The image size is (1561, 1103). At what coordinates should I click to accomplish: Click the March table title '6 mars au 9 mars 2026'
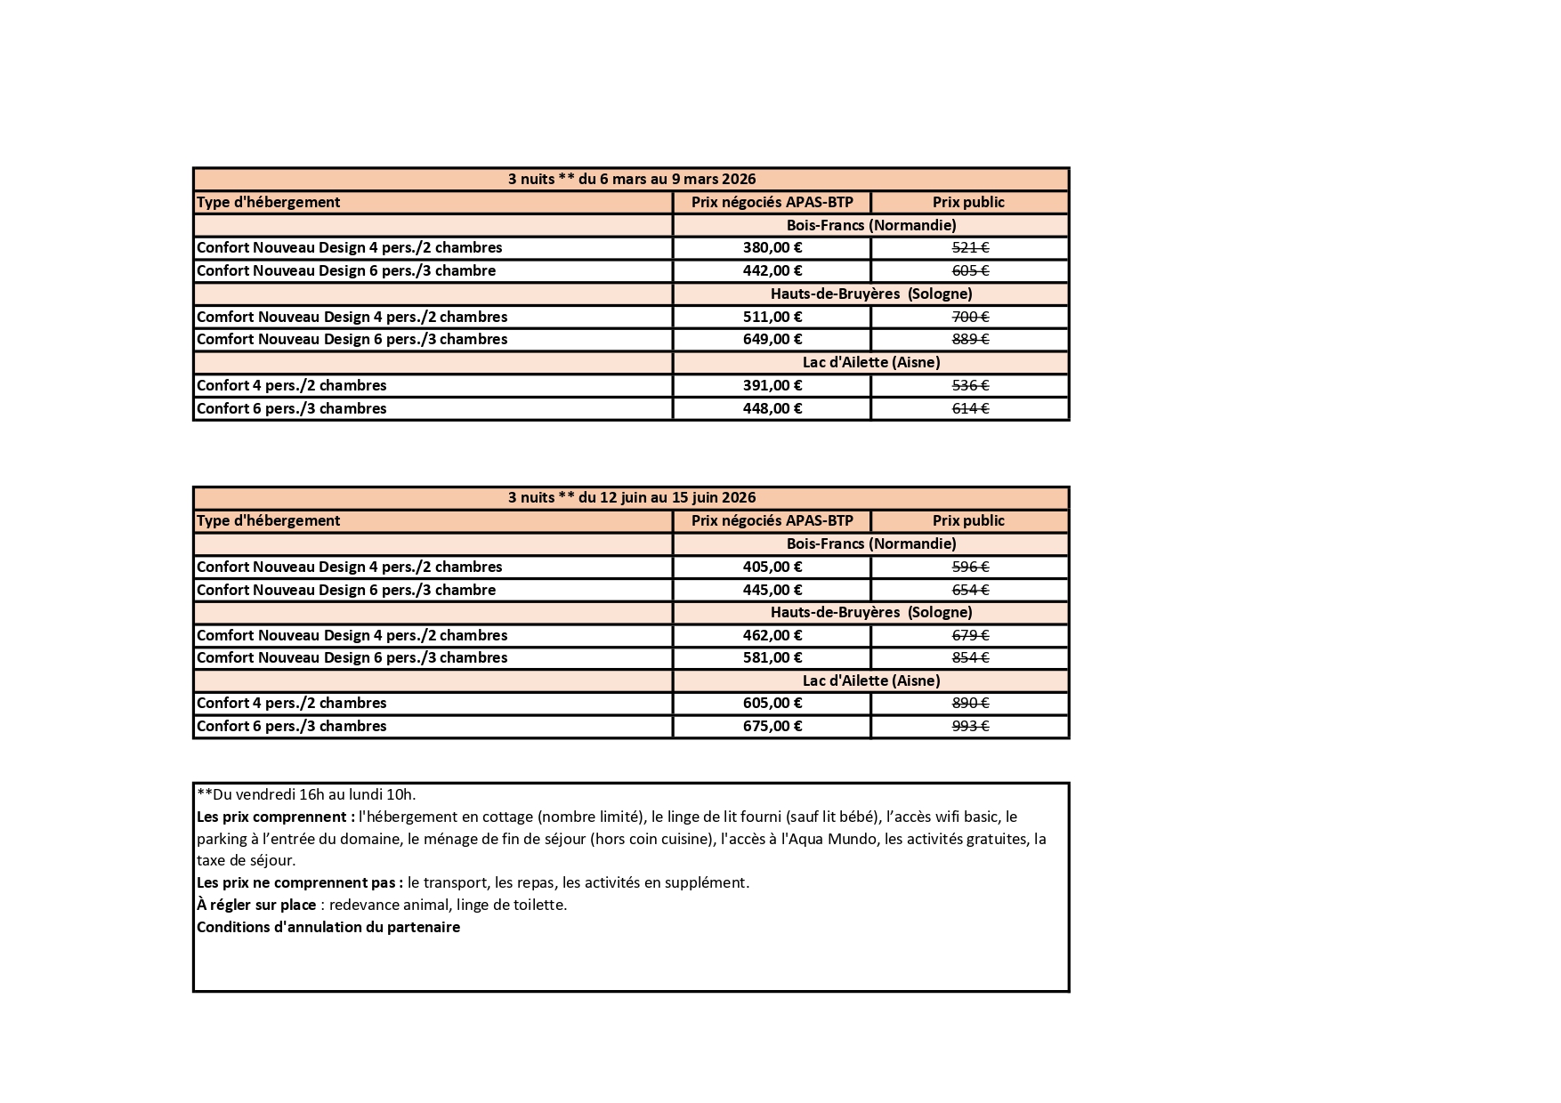pyautogui.click(x=632, y=179)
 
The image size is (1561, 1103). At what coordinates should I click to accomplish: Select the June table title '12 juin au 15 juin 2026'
pyautogui.click(x=632, y=497)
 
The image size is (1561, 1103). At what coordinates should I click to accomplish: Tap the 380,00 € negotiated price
pyautogui.click(x=772, y=247)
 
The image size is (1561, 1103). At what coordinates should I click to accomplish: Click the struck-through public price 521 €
pyautogui.click(x=970, y=247)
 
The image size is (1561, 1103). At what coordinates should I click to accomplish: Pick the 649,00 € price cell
pyautogui.click(x=772, y=339)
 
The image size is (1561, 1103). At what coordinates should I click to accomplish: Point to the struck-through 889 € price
pyautogui.click(x=970, y=339)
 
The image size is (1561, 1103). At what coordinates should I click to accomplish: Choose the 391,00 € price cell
pyautogui.click(x=772, y=385)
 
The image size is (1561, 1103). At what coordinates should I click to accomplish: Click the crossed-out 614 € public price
pyautogui.click(x=970, y=408)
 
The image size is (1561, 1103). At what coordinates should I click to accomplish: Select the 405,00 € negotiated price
pyautogui.click(x=772, y=567)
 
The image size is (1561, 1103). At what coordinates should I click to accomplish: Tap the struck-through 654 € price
pyautogui.click(x=970, y=590)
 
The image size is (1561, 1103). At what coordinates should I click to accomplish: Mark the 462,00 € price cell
pyautogui.click(x=772, y=635)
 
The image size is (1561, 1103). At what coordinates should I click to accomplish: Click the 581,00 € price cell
pyautogui.click(x=772, y=657)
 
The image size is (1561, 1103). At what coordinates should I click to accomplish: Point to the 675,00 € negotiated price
pyautogui.click(x=772, y=726)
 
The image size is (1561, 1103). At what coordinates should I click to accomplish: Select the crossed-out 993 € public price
pyautogui.click(x=970, y=726)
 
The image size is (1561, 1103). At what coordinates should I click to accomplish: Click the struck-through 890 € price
pyautogui.click(x=970, y=703)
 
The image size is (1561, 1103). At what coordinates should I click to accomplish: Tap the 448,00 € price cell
pyautogui.click(x=772, y=408)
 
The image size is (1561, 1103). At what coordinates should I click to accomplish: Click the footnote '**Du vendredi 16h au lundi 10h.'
pyautogui.click(x=306, y=794)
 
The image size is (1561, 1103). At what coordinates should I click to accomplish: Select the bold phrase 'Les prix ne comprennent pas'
pyautogui.click(x=299, y=882)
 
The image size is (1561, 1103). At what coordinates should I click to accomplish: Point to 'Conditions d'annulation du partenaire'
pyautogui.click(x=328, y=927)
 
